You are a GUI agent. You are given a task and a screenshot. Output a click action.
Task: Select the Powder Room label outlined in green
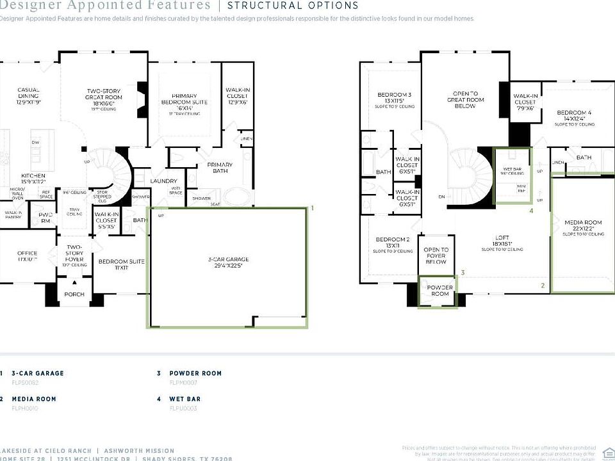(x=439, y=290)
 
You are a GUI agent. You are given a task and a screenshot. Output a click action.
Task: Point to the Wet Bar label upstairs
(x=511, y=170)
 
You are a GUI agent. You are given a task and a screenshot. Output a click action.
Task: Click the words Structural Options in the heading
(x=293, y=6)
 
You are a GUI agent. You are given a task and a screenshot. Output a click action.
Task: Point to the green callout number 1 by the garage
(x=312, y=208)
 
